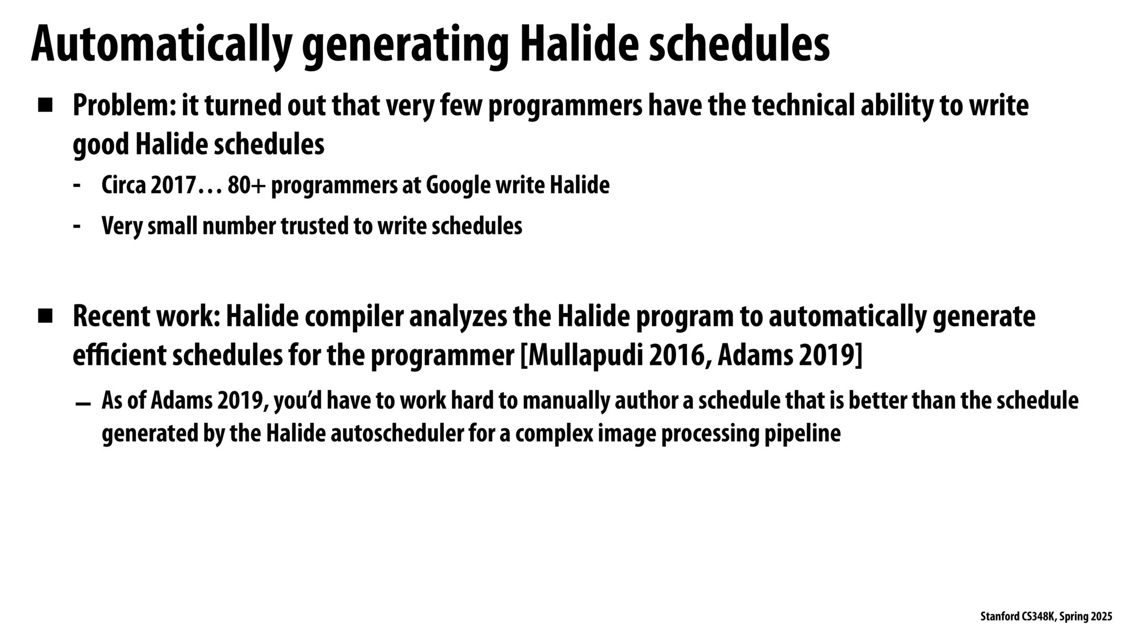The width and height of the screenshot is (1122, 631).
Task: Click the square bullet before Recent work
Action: pos(45,317)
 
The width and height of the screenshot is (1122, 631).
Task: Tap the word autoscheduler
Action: pos(402,434)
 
